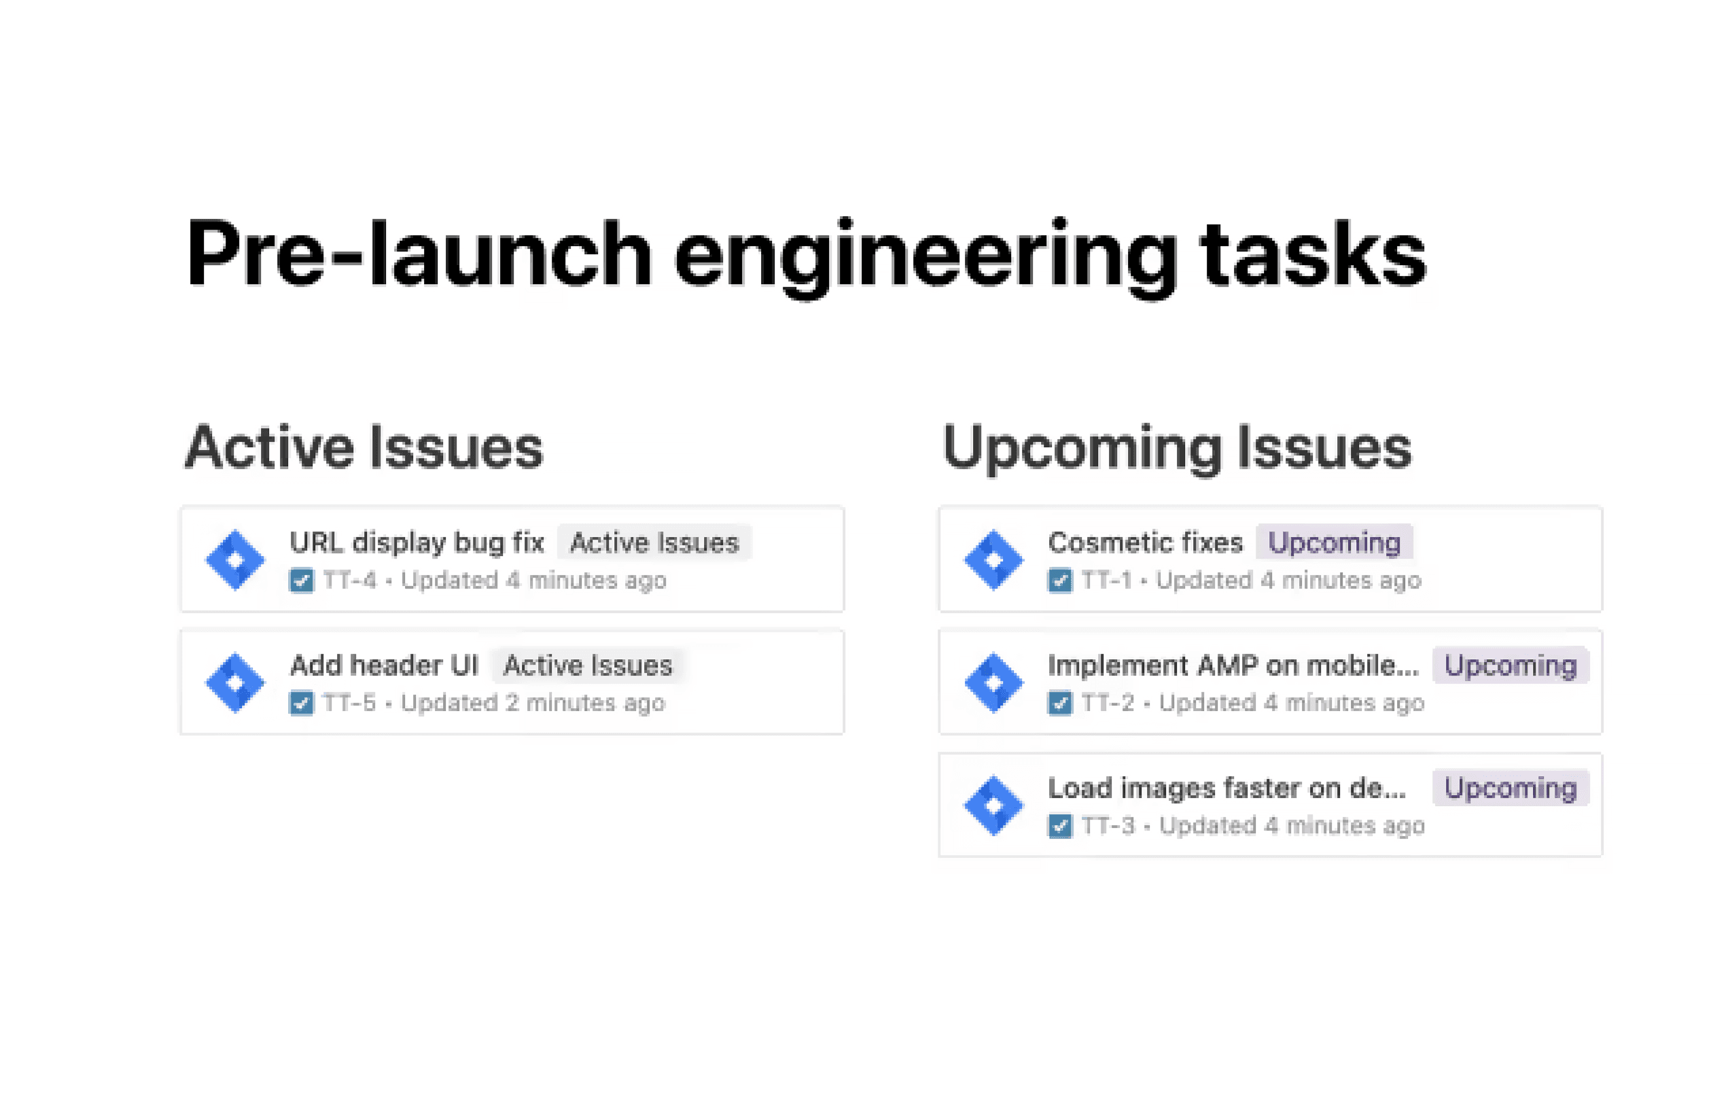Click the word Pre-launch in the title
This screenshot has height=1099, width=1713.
pyautogui.click(x=417, y=255)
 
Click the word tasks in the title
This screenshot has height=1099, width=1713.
pyautogui.click(x=1313, y=255)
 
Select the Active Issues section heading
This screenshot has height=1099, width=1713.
pyautogui.click(x=364, y=447)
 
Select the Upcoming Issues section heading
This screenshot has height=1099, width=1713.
pyautogui.click(x=1176, y=447)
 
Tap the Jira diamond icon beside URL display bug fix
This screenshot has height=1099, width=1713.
pyautogui.click(x=235, y=559)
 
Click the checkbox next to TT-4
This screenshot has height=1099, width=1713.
pyautogui.click(x=301, y=580)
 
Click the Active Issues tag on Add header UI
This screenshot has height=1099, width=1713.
pyautogui.click(x=588, y=665)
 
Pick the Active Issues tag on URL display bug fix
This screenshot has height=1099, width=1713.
pyautogui.click(x=654, y=542)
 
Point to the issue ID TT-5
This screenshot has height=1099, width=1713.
pyautogui.click(x=349, y=703)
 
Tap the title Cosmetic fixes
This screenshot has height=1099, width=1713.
pyautogui.click(x=1145, y=542)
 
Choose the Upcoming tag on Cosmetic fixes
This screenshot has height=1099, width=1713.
pyautogui.click(x=1334, y=542)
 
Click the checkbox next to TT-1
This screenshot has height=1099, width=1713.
pyautogui.click(x=1059, y=580)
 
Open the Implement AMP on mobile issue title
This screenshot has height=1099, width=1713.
pyautogui.click(x=1233, y=665)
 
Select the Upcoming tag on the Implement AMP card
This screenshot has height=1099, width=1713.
pyautogui.click(x=1511, y=665)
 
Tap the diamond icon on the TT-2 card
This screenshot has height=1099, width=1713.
pyautogui.click(x=994, y=682)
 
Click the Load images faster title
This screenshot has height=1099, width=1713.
pyautogui.click(x=1226, y=788)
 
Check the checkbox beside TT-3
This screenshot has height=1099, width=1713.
pyautogui.click(x=1059, y=826)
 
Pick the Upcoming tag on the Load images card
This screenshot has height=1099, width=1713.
pyautogui.click(x=1511, y=788)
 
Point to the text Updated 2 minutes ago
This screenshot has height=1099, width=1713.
pyautogui.click(x=532, y=703)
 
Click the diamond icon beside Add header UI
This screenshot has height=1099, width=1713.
pyautogui.click(x=235, y=682)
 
